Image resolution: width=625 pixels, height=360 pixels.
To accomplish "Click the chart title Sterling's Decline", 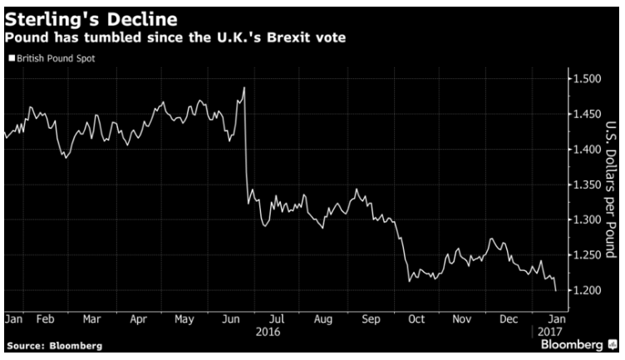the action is pos(91,19).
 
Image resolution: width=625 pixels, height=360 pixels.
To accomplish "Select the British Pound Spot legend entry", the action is pos(52,58).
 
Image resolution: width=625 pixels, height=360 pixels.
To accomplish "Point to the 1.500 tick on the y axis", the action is pos(587,78).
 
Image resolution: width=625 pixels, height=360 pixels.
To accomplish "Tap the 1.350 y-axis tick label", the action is pos(587,185).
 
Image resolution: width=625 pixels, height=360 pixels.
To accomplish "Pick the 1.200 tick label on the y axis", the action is pos(587,290).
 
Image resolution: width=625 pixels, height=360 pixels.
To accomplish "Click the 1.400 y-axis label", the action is pos(587,150).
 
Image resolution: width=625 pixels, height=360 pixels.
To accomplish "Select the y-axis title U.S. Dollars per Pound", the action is pos(611,190).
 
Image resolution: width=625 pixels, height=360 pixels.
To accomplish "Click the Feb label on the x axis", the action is pos(45,319).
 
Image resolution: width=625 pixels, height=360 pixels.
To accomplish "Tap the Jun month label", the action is pos(231,319).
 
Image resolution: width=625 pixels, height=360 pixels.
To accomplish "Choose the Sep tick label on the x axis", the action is pos(371,319).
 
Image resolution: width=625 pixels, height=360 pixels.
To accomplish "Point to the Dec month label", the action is pos(509,319).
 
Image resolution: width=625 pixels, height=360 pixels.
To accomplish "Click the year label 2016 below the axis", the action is pos(268,332).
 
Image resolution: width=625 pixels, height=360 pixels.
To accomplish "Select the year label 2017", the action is pos(549,332).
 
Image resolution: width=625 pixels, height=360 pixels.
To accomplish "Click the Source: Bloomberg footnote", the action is pos(55,346).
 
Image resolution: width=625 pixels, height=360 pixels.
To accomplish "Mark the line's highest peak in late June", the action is pos(244,87).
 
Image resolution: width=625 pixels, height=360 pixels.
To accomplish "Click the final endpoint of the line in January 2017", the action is pos(556,291).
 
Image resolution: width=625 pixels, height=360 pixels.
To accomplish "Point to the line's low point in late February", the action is pos(66,158).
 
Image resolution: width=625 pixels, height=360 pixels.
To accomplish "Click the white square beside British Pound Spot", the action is pos(12,58).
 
